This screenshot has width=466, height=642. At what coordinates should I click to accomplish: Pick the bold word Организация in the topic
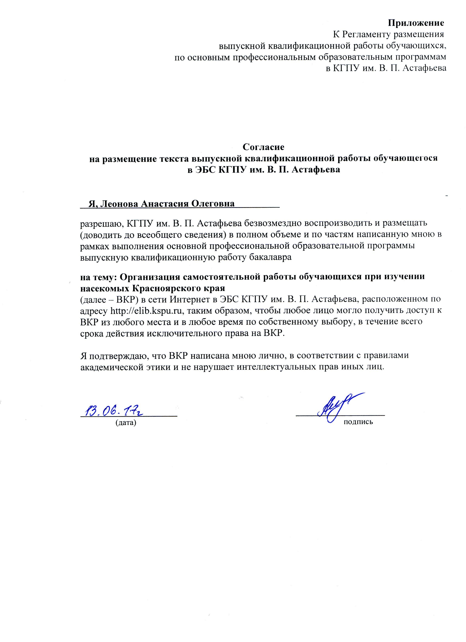click(x=151, y=277)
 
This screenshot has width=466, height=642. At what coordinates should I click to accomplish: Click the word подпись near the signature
click(x=358, y=422)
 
